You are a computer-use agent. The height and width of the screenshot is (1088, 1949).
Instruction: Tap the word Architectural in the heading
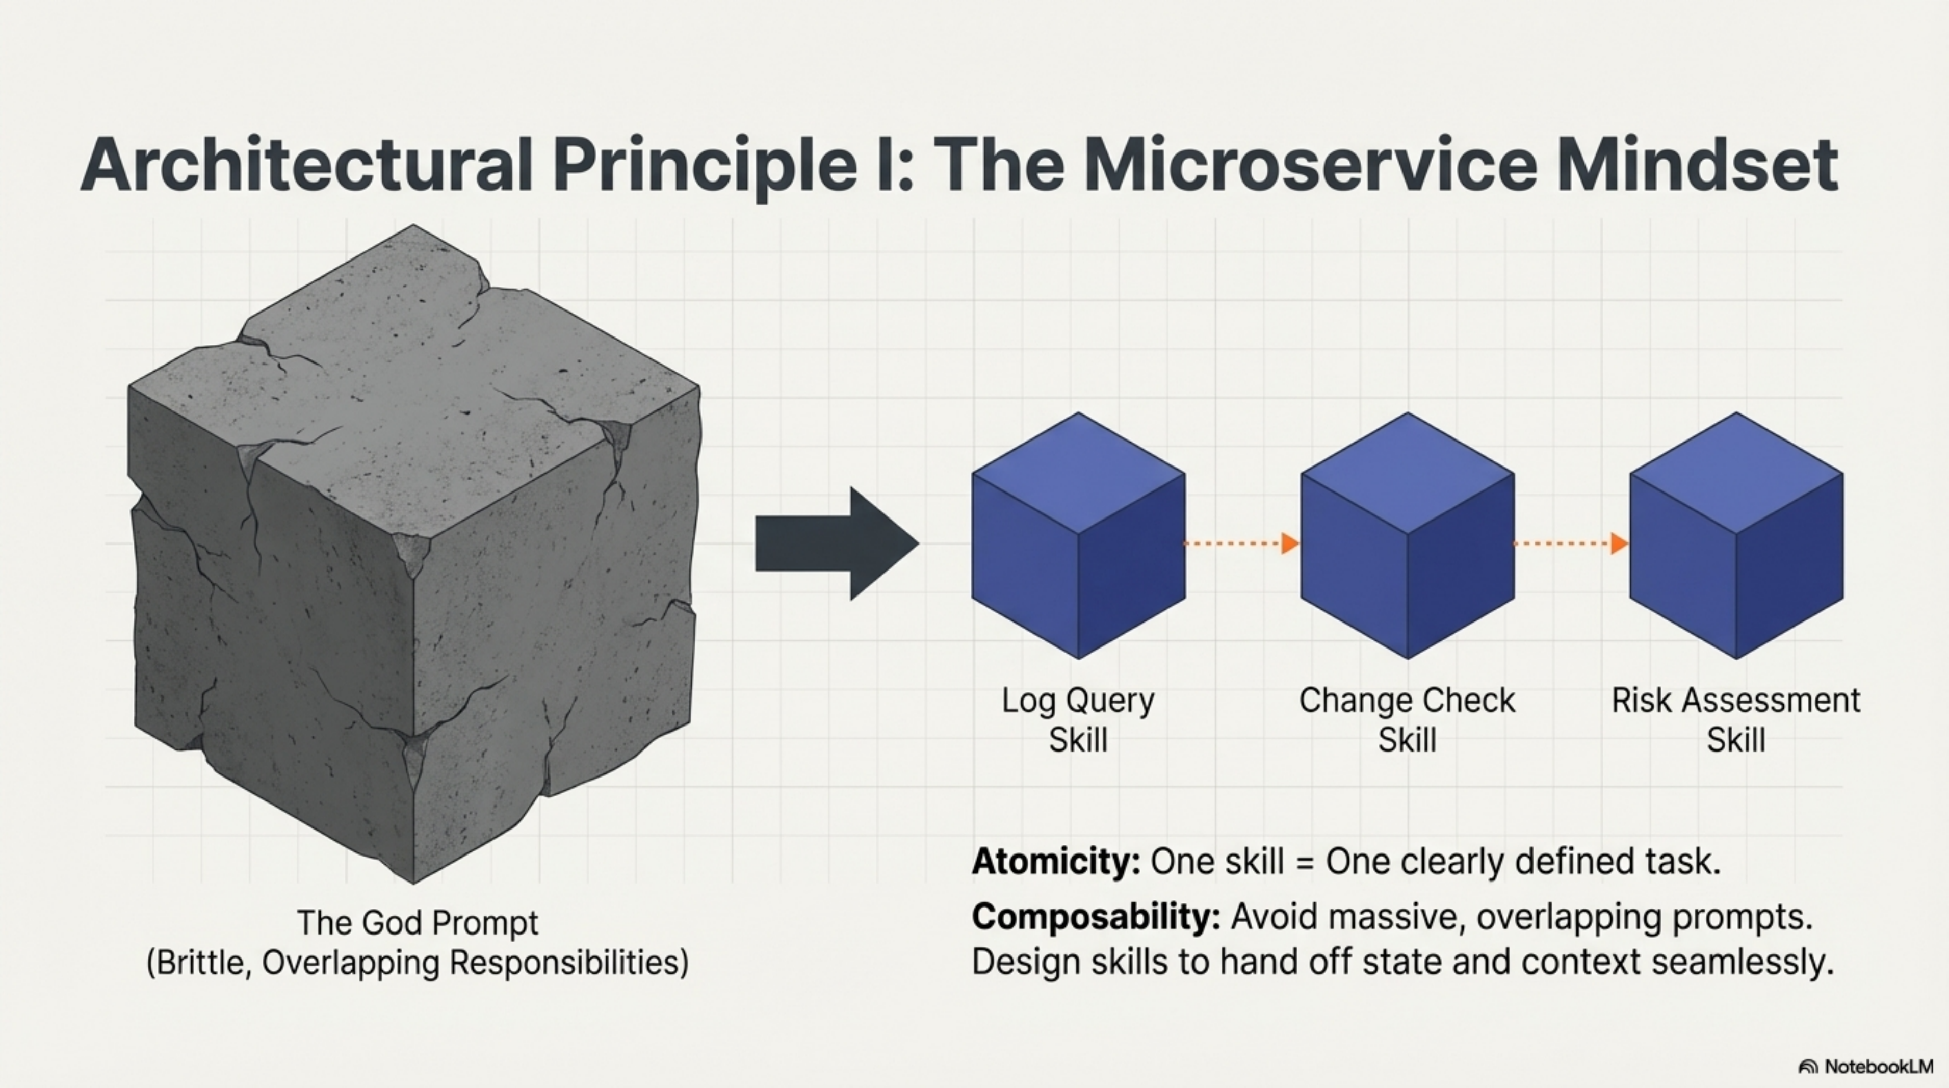(306, 166)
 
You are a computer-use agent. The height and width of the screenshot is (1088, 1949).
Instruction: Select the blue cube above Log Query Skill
(1077, 536)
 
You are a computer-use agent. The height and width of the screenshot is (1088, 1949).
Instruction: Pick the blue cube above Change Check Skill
(1407, 536)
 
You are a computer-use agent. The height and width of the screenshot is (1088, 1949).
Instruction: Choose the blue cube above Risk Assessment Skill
(1735, 536)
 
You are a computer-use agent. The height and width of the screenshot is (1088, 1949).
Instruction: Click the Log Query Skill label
(1077, 719)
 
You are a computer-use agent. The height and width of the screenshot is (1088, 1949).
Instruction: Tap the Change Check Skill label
(1407, 719)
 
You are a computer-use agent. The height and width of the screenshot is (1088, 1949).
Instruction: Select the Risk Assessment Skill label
(1735, 719)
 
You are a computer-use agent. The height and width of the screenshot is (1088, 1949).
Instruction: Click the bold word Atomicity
(1055, 862)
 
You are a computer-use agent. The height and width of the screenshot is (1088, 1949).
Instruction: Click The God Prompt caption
(418, 922)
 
